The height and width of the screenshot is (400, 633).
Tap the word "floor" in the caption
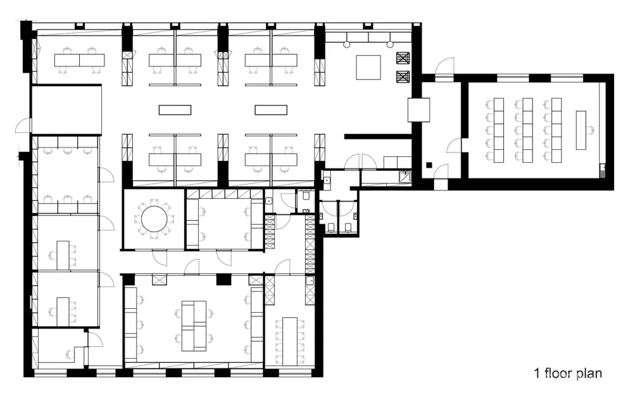click(558, 373)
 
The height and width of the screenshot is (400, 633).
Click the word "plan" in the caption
click(589, 374)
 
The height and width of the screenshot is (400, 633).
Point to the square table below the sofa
click(368, 67)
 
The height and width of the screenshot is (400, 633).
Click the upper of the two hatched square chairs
click(403, 59)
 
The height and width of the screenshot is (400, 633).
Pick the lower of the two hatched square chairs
click(403, 77)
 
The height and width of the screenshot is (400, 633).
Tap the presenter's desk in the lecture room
click(580, 130)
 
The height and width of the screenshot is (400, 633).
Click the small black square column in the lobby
click(429, 166)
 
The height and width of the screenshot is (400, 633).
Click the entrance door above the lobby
click(444, 66)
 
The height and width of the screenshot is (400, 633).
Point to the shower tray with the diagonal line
click(404, 177)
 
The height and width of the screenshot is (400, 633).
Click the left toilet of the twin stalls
click(330, 227)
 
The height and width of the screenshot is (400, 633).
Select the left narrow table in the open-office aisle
click(175, 110)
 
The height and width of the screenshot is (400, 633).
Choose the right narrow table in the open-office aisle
click(271, 110)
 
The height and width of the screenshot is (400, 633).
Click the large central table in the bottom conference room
click(194, 325)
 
